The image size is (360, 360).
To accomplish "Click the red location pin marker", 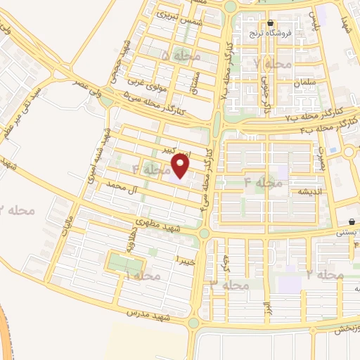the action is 181,166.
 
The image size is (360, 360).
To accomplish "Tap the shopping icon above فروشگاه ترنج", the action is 271,22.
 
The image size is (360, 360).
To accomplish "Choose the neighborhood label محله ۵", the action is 181,55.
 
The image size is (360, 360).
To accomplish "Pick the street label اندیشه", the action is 310,190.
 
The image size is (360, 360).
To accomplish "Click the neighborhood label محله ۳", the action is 230,285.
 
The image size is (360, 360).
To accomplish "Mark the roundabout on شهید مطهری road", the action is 204,233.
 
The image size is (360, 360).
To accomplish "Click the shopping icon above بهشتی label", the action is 352,221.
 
